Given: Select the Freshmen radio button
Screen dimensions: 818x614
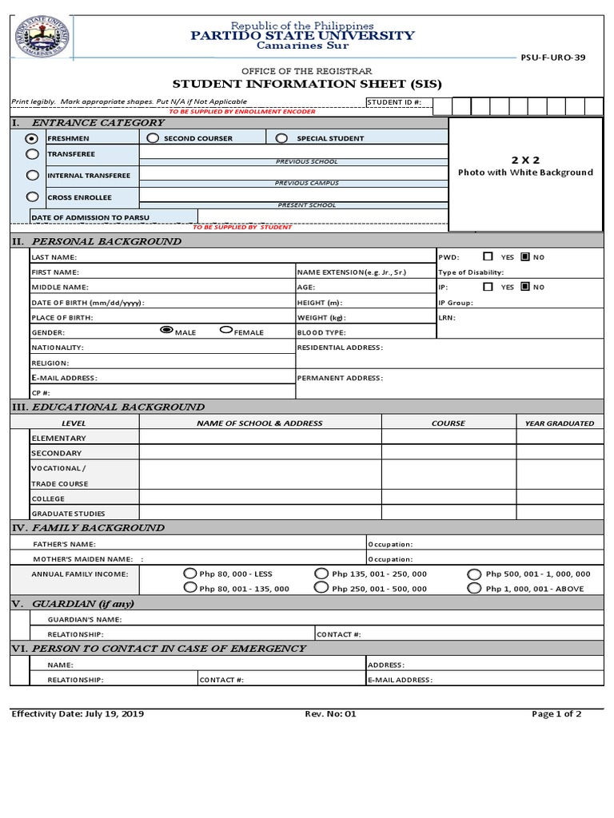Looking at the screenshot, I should click(x=31, y=138).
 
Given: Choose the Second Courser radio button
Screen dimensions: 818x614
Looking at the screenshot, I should click(x=153, y=138).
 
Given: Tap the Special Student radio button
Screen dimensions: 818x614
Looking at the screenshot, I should click(x=281, y=138).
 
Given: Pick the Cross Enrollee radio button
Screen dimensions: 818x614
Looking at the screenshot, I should click(x=32, y=197).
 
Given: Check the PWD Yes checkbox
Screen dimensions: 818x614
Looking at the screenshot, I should click(x=488, y=257).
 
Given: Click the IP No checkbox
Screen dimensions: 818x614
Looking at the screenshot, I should click(x=525, y=287).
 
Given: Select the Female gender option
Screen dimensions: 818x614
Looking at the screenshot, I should click(x=226, y=331).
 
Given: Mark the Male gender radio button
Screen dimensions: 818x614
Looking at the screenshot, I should click(x=166, y=330).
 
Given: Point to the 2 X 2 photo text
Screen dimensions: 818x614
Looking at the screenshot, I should click(x=525, y=160).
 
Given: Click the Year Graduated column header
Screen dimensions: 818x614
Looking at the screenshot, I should click(x=559, y=423).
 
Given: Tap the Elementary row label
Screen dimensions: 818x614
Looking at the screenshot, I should click(x=58, y=439).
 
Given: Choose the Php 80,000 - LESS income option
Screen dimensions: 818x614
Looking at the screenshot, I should click(x=189, y=574).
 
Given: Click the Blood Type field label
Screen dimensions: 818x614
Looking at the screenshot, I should click(x=321, y=332).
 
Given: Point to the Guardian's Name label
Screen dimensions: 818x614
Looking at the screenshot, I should click(x=85, y=619).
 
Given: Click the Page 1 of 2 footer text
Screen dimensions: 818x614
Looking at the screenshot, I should click(x=556, y=714).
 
